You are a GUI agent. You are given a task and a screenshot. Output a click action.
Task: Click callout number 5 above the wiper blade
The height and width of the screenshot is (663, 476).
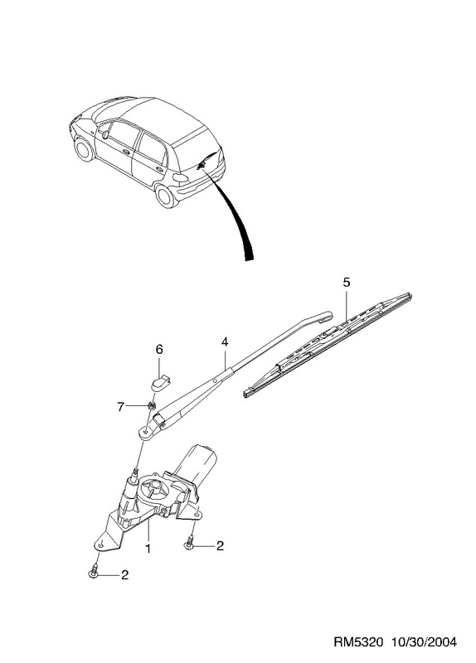click(x=347, y=283)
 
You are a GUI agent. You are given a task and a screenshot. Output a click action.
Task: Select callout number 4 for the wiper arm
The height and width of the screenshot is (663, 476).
click(x=224, y=341)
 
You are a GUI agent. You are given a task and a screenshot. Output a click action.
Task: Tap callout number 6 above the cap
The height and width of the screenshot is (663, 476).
click(x=159, y=349)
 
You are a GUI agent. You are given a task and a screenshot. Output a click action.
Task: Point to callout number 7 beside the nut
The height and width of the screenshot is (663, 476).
click(x=120, y=407)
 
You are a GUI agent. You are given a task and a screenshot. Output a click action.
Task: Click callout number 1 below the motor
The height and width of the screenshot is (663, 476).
click(x=148, y=549)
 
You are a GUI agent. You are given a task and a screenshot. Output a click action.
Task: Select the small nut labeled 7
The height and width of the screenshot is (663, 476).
click(x=150, y=406)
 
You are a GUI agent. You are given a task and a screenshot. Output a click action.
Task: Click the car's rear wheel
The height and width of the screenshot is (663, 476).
click(x=164, y=196)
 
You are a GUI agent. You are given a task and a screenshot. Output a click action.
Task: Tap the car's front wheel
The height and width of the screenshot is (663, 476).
click(x=84, y=150)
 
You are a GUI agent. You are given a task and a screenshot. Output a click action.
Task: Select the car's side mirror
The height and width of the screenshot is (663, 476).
click(x=105, y=134)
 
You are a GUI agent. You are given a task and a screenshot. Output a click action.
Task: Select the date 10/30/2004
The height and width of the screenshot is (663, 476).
click(x=424, y=642)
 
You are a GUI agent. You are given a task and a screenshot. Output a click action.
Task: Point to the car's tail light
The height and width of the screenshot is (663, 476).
click(x=181, y=178)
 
